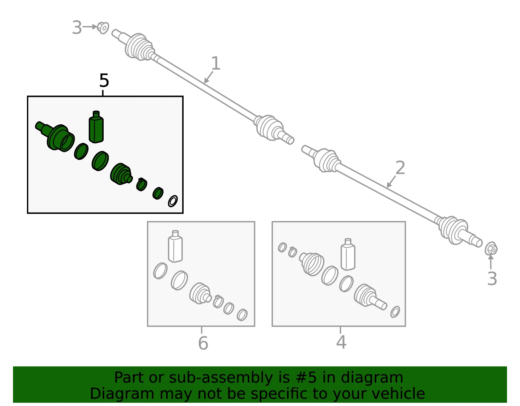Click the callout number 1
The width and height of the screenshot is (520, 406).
215,63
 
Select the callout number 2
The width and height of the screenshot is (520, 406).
400,167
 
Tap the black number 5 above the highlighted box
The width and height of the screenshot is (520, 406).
104,81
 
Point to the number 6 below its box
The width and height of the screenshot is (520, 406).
203,343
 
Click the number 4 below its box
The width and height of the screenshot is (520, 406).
341,342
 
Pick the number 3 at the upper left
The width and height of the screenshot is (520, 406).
77,28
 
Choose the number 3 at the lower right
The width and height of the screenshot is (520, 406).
492,279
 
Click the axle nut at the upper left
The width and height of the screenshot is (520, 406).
103,28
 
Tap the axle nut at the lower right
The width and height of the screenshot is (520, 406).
491,249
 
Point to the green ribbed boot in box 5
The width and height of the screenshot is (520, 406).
121,174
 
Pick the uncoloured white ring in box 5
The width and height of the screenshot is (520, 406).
173,201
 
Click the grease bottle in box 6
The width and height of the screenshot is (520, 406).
175,246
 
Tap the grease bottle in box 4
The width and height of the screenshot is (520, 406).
348,254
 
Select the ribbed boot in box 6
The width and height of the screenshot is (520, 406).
200,294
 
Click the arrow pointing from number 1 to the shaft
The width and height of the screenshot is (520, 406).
208,77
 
